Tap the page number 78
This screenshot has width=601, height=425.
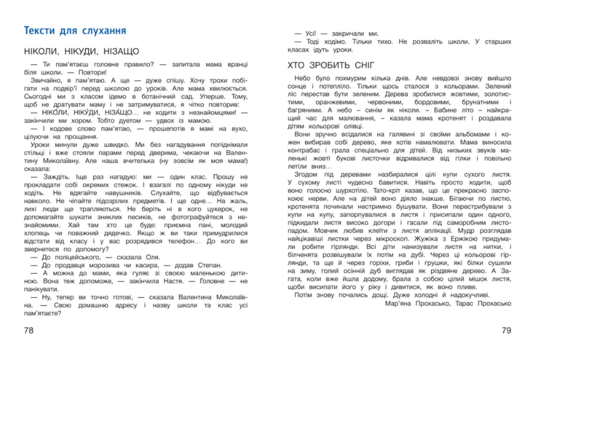(x=29, y=331)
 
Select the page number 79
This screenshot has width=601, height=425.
(x=506, y=331)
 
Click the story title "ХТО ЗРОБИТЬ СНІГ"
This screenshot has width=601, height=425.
(x=331, y=65)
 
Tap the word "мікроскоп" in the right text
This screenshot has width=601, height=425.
(x=392, y=239)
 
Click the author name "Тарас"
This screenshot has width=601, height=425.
(x=464, y=304)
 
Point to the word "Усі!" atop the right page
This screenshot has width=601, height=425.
(x=311, y=34)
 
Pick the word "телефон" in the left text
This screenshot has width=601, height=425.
(x=183, y=241)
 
